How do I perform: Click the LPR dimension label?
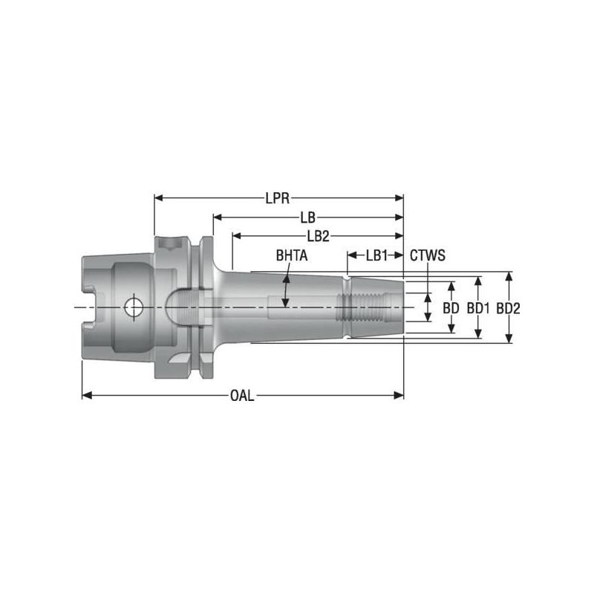[278, 198]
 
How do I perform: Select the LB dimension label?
[307, 218]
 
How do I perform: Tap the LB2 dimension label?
[318, 236]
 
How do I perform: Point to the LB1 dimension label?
[376, 255]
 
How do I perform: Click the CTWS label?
[427, 255]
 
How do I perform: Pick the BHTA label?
[292, 255]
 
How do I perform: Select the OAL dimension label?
[242, 396]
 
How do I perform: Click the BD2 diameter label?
[509, 307]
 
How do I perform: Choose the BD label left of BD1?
[451, 307]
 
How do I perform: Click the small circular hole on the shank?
[134, 306]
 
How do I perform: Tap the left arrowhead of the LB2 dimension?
[236, 236]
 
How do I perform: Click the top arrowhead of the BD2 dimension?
[509, 275]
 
